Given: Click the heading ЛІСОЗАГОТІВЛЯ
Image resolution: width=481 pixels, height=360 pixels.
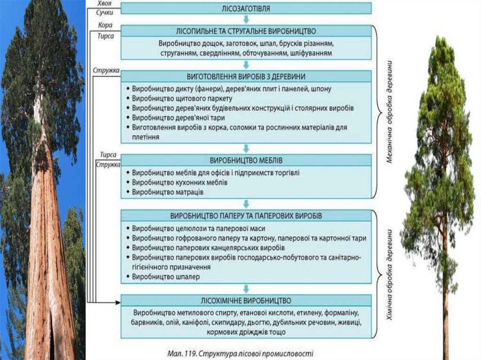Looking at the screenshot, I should click(246, 8).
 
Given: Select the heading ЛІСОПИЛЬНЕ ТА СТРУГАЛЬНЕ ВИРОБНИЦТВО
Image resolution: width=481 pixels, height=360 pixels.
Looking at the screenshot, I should click(246, 31).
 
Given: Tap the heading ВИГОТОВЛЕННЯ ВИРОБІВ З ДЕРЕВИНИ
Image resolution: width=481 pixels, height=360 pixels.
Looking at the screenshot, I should click(246, 76).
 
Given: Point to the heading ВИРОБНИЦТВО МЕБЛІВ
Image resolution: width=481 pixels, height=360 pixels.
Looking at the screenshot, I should click(246, 160).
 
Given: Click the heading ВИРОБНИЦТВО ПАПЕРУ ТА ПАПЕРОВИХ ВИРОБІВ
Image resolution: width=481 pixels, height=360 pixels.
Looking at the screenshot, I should click(246, 216).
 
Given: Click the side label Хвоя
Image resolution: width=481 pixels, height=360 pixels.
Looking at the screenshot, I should click(105, 4).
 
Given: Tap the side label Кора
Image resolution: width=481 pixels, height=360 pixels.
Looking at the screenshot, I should click(105, 25).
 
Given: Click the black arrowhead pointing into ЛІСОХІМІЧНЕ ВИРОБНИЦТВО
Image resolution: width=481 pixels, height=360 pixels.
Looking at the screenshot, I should click(117, 301).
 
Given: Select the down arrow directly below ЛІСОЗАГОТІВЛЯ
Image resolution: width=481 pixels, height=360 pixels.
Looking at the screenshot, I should click(246, 19).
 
